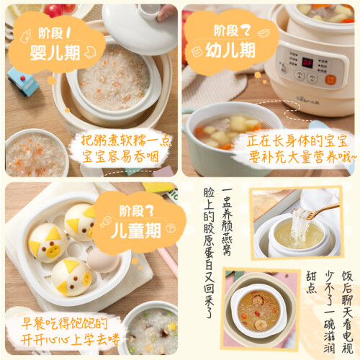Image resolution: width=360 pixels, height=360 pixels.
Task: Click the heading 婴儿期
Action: [x=55, y=53]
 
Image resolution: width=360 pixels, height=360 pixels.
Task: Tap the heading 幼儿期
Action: [x=230, y=50]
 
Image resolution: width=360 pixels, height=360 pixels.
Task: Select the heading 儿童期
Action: [x=135, y=230]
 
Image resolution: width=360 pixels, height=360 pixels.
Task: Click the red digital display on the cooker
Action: [x=307, y=63]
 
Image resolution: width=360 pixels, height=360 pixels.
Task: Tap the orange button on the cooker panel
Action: [x=330, y=80]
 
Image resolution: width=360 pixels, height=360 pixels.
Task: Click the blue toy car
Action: [x=22, y=81]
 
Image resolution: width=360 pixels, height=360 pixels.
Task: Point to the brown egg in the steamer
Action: [x=103, y=260]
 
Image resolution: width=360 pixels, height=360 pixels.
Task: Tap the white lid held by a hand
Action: [x=140, y=27]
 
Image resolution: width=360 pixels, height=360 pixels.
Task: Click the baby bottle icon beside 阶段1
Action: [x=26, y=36]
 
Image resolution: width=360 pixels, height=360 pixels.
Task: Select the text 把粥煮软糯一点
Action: [x=126, y=140]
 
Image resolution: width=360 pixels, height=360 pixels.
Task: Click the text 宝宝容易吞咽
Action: [x=120, y=157]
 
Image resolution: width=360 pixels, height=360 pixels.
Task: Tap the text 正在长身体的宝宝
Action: [x=297, y=140]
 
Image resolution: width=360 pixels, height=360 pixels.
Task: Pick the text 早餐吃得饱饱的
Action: [x=64, y=323]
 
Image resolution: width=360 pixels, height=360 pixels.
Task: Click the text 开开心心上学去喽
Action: [x=70, y=340]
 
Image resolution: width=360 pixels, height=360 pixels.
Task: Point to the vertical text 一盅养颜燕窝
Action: [x=227, y=222]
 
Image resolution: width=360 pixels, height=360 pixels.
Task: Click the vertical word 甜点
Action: [x=311, y=282]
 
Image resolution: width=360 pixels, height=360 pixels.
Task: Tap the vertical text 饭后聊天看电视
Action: [x=347, y=312]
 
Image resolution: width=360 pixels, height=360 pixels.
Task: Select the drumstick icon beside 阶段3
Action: [x=106, y=222]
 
